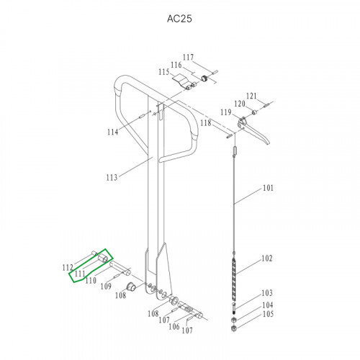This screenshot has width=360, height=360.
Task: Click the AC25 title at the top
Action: pyautogui.click(x=179, y=19)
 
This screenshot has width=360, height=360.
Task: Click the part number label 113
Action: pyautogui.click(x=112, y=178)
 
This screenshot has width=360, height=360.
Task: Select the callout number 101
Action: pyautogui.click(x=268, y=188)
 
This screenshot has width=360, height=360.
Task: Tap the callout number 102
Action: pyautogui.click(x=267, y=258)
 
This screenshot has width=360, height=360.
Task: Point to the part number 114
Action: pyautogui.click(x=112, y=132)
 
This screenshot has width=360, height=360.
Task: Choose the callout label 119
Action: pyautogui.click(x=226, y=112)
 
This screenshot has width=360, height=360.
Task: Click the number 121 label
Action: pyautogui.click(x=251, y=96)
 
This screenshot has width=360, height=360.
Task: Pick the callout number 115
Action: pyautogui.click(x=164, y=72)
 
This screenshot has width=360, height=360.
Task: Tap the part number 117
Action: pyautogui.click(x=188, y=57)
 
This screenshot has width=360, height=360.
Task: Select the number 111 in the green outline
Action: pyautogui.click(x=80, y=274)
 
